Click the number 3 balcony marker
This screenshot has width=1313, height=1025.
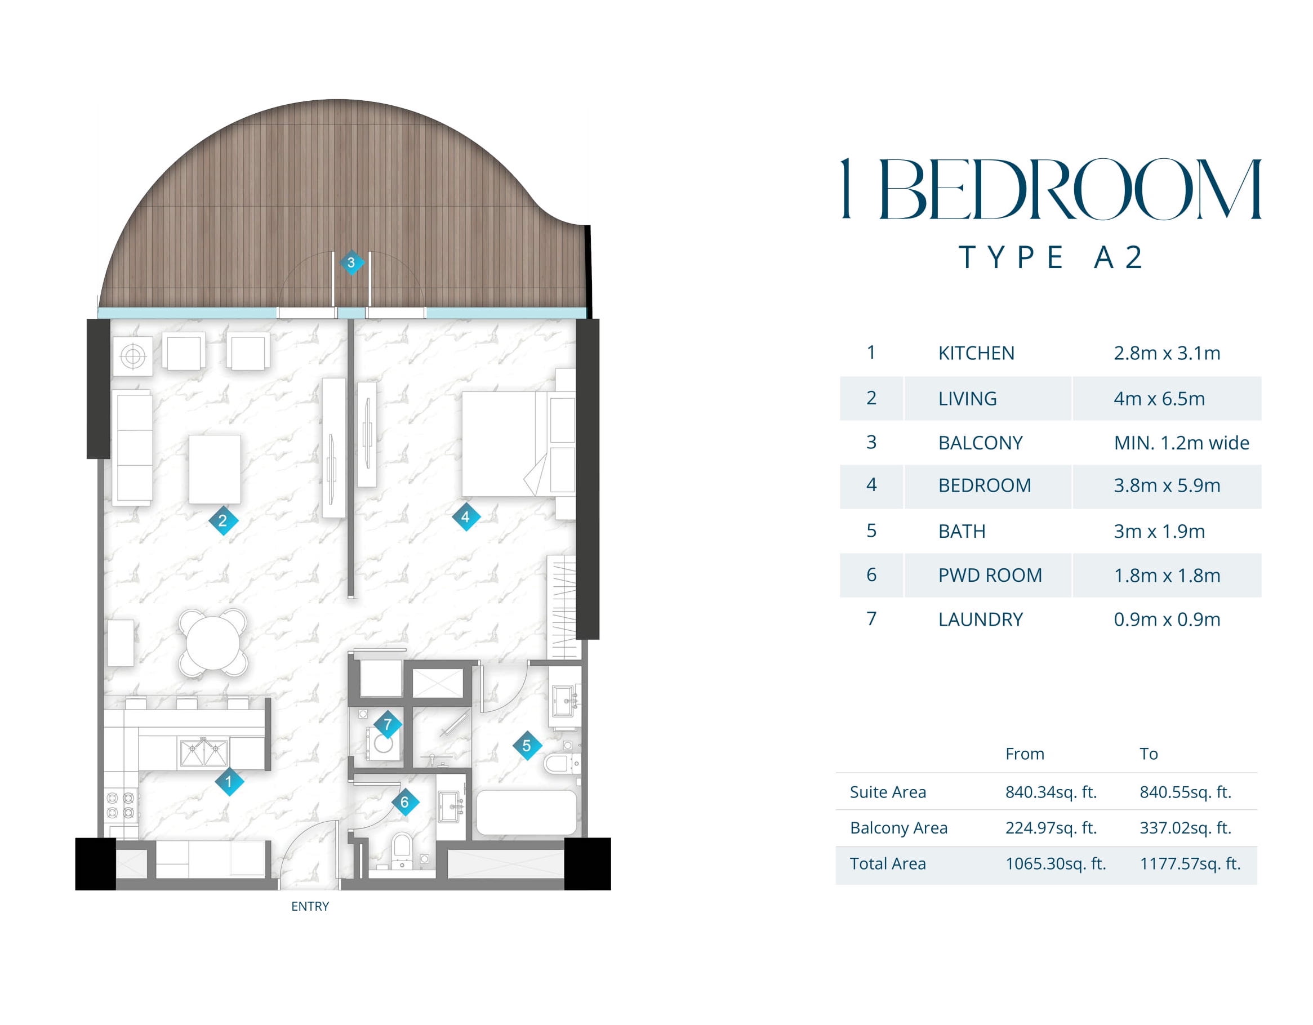click(x=351, y=262)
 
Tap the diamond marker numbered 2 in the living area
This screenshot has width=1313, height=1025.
click(x=223, y=520)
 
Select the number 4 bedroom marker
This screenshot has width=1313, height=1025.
click(x=465, y=516)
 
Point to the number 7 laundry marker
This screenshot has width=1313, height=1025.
click(x=388, y=724)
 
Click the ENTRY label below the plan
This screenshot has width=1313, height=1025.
click(x=310, y=906)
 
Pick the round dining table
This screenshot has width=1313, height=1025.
click(x=213, y=643)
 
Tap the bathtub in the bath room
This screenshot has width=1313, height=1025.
click(x=527, y=812)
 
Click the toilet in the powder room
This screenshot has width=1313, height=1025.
click(x=402, y=849)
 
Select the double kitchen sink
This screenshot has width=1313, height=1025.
click(x=204, y=752)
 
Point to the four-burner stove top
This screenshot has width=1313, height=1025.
click(x=120, y=805)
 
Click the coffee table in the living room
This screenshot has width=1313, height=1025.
click(x=215, y=469)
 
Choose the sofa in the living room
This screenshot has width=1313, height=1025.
click(x=132, y=448)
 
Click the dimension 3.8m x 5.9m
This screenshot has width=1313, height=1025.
click(x=1167, y=485)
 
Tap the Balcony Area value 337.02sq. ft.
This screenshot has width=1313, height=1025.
click(x=1186, y=828)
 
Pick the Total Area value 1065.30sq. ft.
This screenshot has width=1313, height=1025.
click(x=1056, y=863)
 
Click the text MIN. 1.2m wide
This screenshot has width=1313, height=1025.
click(x=1181, y=443)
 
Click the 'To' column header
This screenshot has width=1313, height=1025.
click(x=1149, y=754)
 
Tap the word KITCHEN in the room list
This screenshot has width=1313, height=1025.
click(x=976, y=353)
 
